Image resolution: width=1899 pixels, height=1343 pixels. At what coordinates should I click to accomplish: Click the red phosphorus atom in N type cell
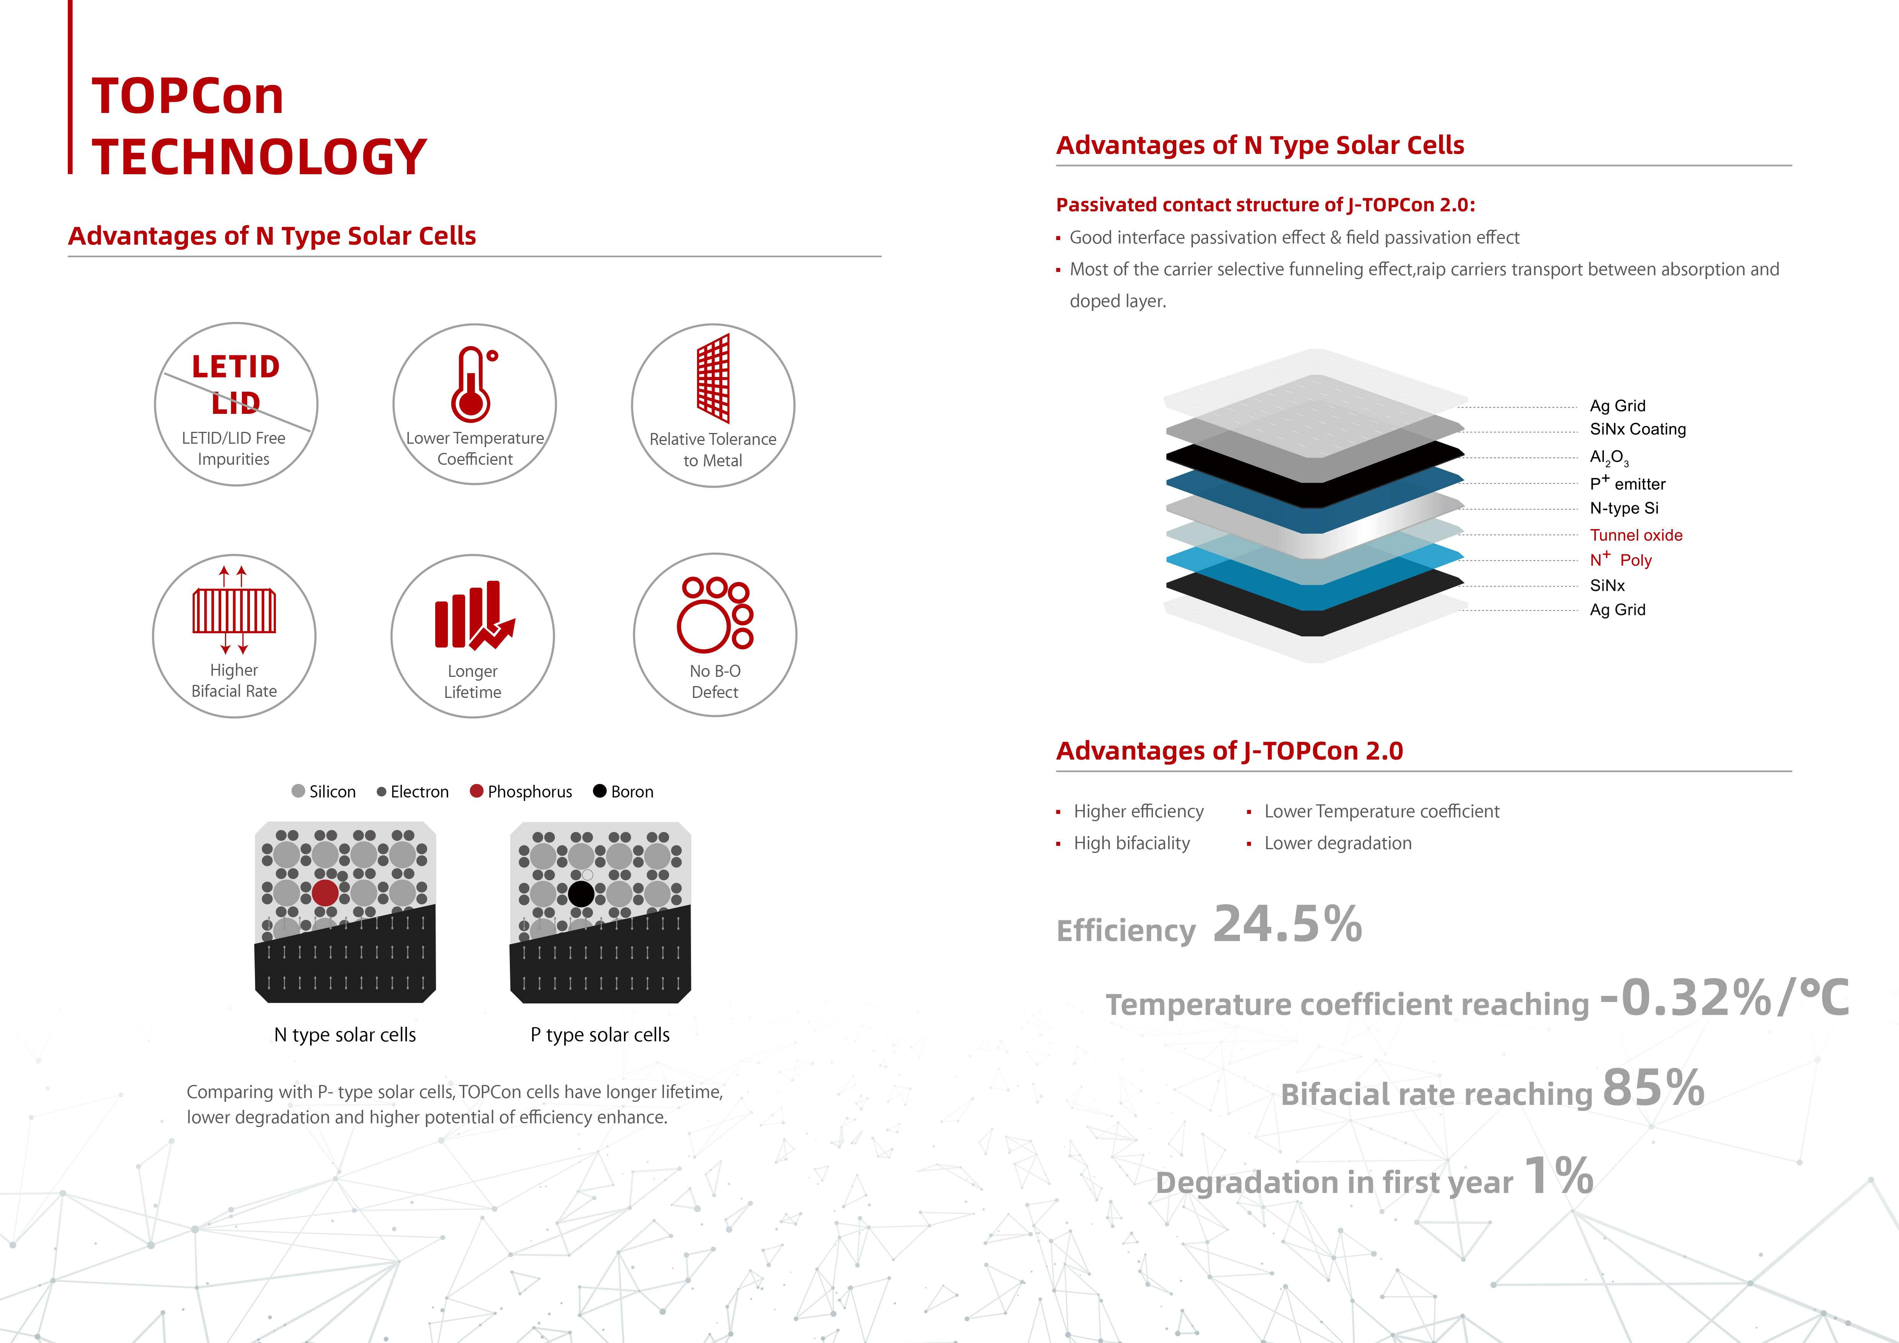coord(325,892)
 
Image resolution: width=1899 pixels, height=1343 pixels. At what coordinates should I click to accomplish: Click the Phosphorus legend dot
coord(477,791)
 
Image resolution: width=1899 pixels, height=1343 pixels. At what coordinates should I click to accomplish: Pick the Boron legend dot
coord(600,791)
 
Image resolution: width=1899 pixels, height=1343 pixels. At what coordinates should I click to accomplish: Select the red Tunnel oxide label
coord(1636,535)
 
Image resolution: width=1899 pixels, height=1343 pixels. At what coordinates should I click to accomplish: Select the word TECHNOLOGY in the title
coord(259,156)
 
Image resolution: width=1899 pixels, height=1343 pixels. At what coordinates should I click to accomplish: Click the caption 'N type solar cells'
coord(345,1034)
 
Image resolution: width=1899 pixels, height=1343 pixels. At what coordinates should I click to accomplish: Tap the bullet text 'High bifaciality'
coord(1132,843)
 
